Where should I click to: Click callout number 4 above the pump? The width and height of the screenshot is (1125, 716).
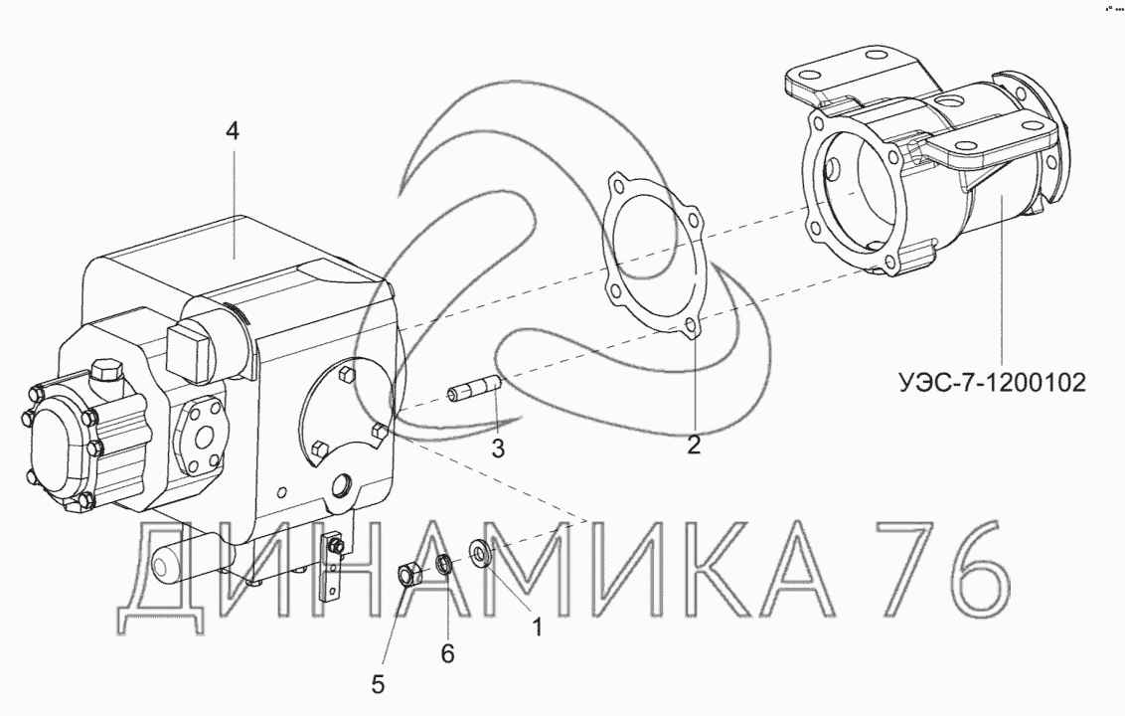[x=232, y=131]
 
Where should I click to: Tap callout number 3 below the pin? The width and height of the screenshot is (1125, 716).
[x=498, y=448]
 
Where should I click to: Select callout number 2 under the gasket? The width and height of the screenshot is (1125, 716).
[x=693, y=445]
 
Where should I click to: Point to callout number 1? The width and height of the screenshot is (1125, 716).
[x=537, y=628]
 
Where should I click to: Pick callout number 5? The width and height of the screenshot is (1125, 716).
[x=378, y=684]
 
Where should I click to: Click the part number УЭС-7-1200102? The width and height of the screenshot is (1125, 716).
[x=991, y=382]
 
